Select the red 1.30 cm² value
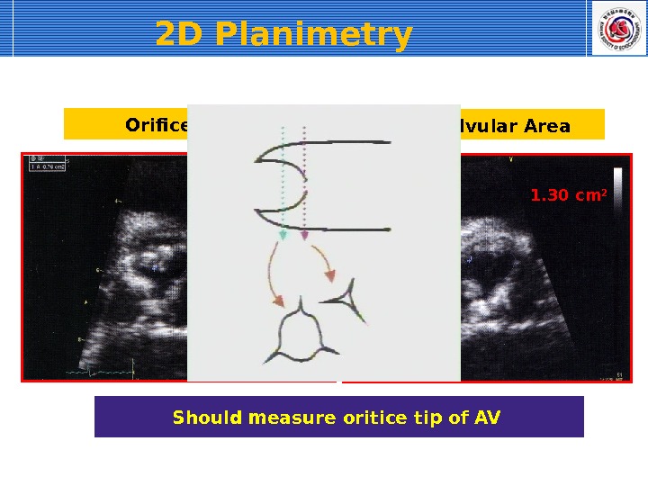point(563,193)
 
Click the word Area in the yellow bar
point(548,126)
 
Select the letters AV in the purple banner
point(487,418)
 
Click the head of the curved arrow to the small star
point(330,276)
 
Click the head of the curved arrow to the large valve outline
point(279,301)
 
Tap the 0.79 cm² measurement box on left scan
point(47,166)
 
